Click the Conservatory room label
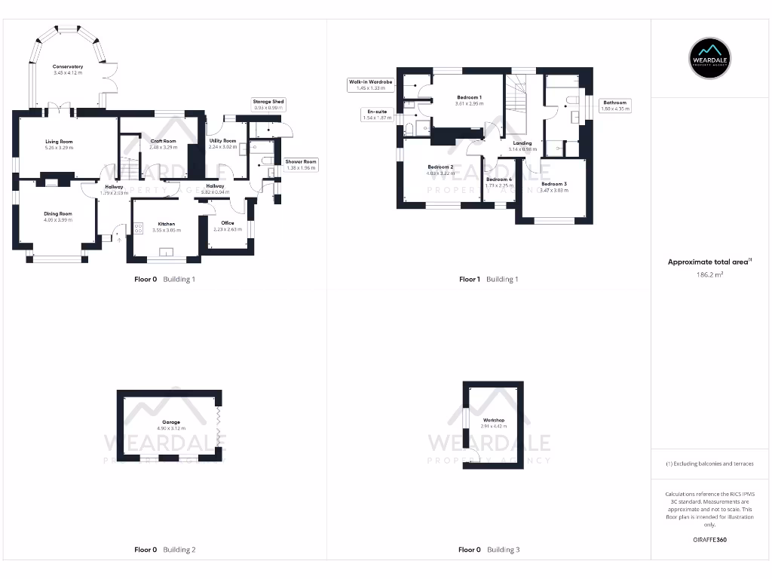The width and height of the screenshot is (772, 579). [68, 67]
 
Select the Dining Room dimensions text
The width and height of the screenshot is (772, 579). [58, 220]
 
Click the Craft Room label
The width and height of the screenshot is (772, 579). [163, 141]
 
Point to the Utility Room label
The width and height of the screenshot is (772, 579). [222, 141]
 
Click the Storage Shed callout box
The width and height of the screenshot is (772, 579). [268, 105]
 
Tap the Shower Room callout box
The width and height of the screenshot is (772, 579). [301, 164]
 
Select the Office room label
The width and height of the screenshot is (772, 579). [228, 223]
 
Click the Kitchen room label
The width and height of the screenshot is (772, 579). [166, 224]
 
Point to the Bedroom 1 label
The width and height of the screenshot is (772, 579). [469, 97]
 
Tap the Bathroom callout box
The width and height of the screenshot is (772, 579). [615, 106]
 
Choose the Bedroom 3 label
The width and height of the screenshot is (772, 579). [553, 184]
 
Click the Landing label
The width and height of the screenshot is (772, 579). [522, 142]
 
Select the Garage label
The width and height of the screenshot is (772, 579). [171, 422]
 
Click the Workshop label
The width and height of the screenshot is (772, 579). [494, 420]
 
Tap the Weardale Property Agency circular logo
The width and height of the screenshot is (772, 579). [710, 57]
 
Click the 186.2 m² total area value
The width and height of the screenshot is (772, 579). [709, 276]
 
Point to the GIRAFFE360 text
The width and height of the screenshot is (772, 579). [709, 540]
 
